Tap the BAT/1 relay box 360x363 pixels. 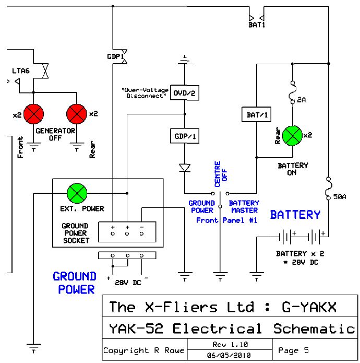point(256,114)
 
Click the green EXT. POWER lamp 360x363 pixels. point(78,194)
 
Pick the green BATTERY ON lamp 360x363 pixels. point(293,135)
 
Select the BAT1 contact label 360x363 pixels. point(257,24)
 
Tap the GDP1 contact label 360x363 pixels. point(115,56)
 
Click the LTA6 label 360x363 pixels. point(21,70)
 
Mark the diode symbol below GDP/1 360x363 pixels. point(184,168)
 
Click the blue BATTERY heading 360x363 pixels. point(295,215)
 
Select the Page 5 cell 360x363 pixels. point(295,350)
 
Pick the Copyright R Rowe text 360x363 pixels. point(143,350)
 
